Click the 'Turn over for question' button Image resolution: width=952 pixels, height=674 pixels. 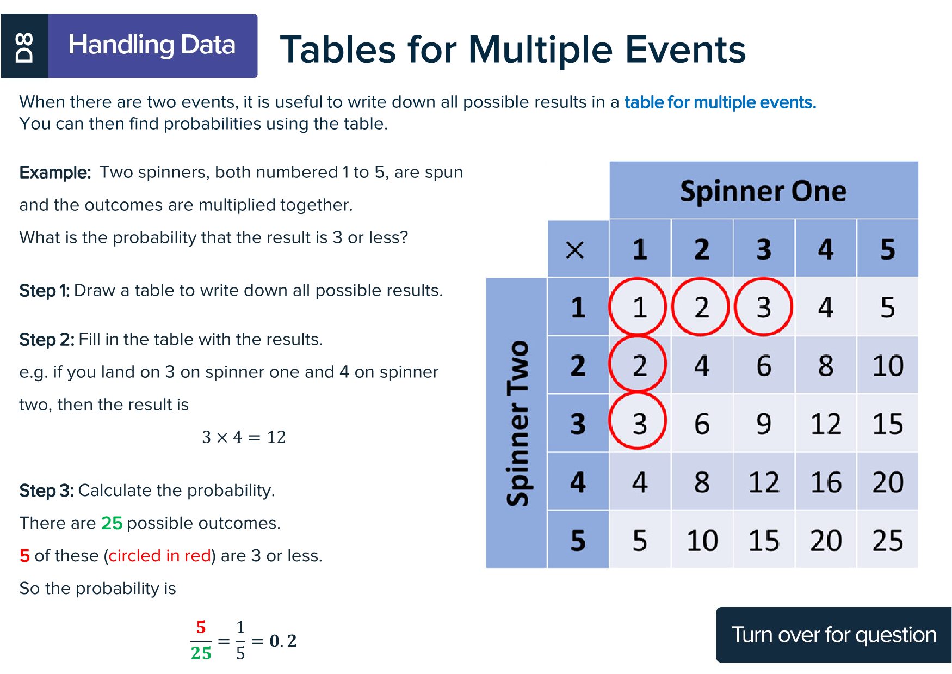[x=833, y=635]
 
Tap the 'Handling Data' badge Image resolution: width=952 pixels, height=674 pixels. [x=153, y=46]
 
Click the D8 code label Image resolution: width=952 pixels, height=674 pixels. [x=24, y=46]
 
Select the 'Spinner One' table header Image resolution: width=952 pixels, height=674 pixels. [x=763, y=191]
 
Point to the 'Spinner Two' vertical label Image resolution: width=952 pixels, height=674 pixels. [x=517, y=423]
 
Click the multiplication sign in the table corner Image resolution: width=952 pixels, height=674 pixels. [x=575, y=250]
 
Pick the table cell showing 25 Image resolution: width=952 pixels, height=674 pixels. [x=887, y=540]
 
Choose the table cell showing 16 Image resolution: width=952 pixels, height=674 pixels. [x=826, y=482]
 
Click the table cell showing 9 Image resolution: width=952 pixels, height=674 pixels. [x=764, y=424]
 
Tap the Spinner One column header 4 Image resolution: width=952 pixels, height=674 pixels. [x=826, y=249]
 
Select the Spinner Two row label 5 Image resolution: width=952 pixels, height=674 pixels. [x=578, y=540]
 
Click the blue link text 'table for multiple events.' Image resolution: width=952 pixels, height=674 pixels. [x=720, y=102]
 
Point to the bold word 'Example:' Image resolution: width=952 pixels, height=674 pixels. [x=55, y=173]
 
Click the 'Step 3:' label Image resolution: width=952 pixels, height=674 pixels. [x=47, y=491]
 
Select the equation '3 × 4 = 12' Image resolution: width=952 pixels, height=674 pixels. [x=244, y=437]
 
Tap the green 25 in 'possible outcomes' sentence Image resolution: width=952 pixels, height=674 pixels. [x=112, y=523]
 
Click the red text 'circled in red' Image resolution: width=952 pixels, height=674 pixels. [x=159, y=556]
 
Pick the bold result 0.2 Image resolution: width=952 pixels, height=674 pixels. [x=283, y=641]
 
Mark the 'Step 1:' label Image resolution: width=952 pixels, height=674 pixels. [x=45, y=291]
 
